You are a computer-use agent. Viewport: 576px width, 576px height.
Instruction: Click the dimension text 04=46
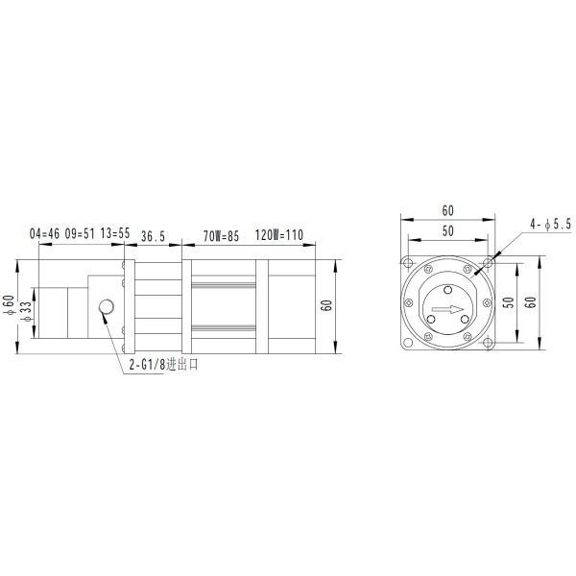click(x=45, y=233)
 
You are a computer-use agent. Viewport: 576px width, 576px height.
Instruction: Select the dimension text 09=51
click(x=80, y=233)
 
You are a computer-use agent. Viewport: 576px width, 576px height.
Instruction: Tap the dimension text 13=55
click(x=115, y=233)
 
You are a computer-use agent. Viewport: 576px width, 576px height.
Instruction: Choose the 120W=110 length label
click(x=279, y=233)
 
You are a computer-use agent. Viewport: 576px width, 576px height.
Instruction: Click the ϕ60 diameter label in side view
click(x=9, y=305)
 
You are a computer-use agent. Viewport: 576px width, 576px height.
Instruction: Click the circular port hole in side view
click(x=107, y=307)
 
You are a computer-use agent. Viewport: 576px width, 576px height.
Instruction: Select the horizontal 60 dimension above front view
click(x=447, y=209)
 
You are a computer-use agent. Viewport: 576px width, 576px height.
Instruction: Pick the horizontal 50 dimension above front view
click(x=447, y=230)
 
